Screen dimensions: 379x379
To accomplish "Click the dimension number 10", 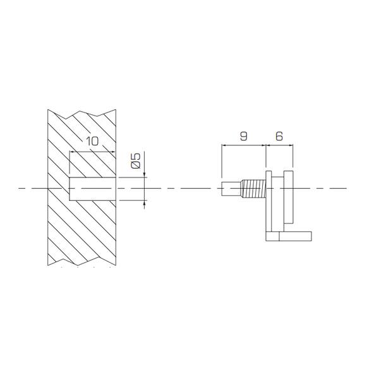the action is tap(93, 141).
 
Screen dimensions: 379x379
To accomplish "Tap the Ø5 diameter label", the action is tap(136, 160).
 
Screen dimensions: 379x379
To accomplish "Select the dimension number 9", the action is tap(244, 136).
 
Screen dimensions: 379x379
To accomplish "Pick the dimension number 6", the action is tap(279, 136).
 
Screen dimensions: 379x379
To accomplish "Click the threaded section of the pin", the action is tap(253, 188).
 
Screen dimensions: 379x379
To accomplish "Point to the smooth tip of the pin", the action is tap(231, 188).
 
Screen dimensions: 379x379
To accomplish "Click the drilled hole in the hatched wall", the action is tap(93, 189).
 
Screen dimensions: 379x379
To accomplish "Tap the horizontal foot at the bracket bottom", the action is tap(289, 236).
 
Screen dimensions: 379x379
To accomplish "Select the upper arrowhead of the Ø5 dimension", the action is tap(144, 174).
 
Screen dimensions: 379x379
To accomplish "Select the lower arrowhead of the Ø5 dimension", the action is tap(144, 203).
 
